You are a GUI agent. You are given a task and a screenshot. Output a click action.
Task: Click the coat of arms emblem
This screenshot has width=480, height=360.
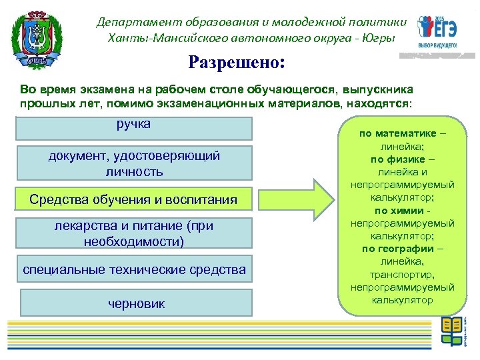pyautogui.click(x=37, y=38)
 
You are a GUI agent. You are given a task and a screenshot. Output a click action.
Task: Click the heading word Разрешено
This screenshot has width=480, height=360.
pyautogui.click(x=236, y=63)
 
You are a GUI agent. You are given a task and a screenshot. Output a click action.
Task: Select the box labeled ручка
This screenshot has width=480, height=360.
pyautogui.click(x=134, y=127)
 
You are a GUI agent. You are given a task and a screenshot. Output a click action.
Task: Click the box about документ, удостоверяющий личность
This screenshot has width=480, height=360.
pyautogui.click(x=134, y=164)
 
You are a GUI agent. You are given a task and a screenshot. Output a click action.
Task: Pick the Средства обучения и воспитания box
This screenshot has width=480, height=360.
pyautogui.click(x=134, y=200)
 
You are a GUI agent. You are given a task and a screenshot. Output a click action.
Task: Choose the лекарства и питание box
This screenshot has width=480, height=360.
pyautogui.click(x=134, y=234)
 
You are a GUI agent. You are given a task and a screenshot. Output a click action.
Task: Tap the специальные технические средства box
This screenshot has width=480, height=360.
pyautogui.click(x=134, y=270)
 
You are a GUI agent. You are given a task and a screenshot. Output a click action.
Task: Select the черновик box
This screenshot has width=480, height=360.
pyautogui.click(x=136, y=303)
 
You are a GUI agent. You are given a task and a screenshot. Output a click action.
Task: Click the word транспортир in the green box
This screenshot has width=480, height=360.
pyautogui.click(x=402, y=274)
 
